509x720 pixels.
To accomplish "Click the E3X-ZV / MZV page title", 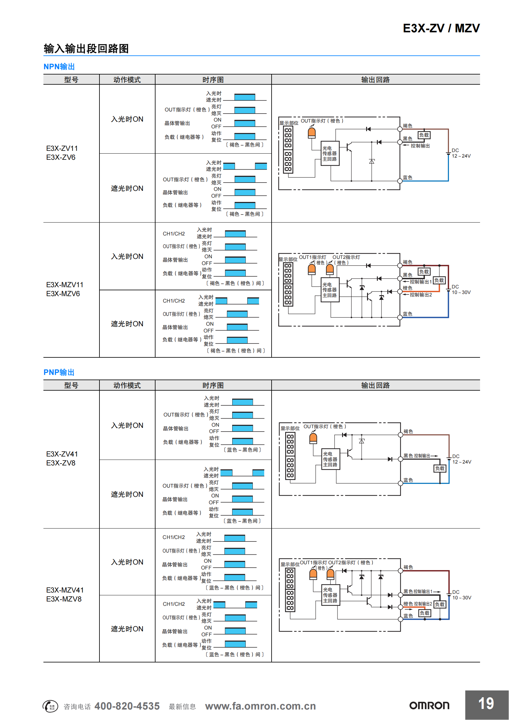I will [x=441, y=28].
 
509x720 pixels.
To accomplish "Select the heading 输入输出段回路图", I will [x=86, y=49].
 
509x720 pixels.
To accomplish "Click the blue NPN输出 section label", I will [x=59, y=66].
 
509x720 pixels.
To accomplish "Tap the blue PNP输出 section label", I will [x=59, y=372].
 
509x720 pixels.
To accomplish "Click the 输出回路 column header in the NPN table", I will [x=375, y=80].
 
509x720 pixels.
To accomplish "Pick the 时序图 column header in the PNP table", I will [x=213, y=385].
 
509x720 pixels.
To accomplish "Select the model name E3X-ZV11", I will [x=62, y=148].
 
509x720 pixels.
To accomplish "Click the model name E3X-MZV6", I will [x=63, y=294].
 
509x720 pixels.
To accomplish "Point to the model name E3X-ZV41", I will [x=62, y=454].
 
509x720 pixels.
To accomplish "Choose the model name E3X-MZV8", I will [x=64, y=599].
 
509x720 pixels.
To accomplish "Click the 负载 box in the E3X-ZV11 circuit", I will [x=424, y=135].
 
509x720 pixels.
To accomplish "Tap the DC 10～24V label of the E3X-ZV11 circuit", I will [x=461, y=153].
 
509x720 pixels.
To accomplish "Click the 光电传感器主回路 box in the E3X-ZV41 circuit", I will [x=330, y=459].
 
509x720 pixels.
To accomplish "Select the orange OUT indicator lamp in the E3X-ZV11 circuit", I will [x=311, y=133].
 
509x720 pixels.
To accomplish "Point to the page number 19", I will [x=486, y=703].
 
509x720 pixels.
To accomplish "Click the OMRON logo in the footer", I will [x=429, y=706].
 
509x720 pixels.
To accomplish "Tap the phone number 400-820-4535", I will [x=127, y=706].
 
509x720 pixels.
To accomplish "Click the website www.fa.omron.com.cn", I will [x=260, y=706].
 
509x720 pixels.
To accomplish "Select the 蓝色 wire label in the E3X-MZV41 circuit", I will [x=408, y=616].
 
